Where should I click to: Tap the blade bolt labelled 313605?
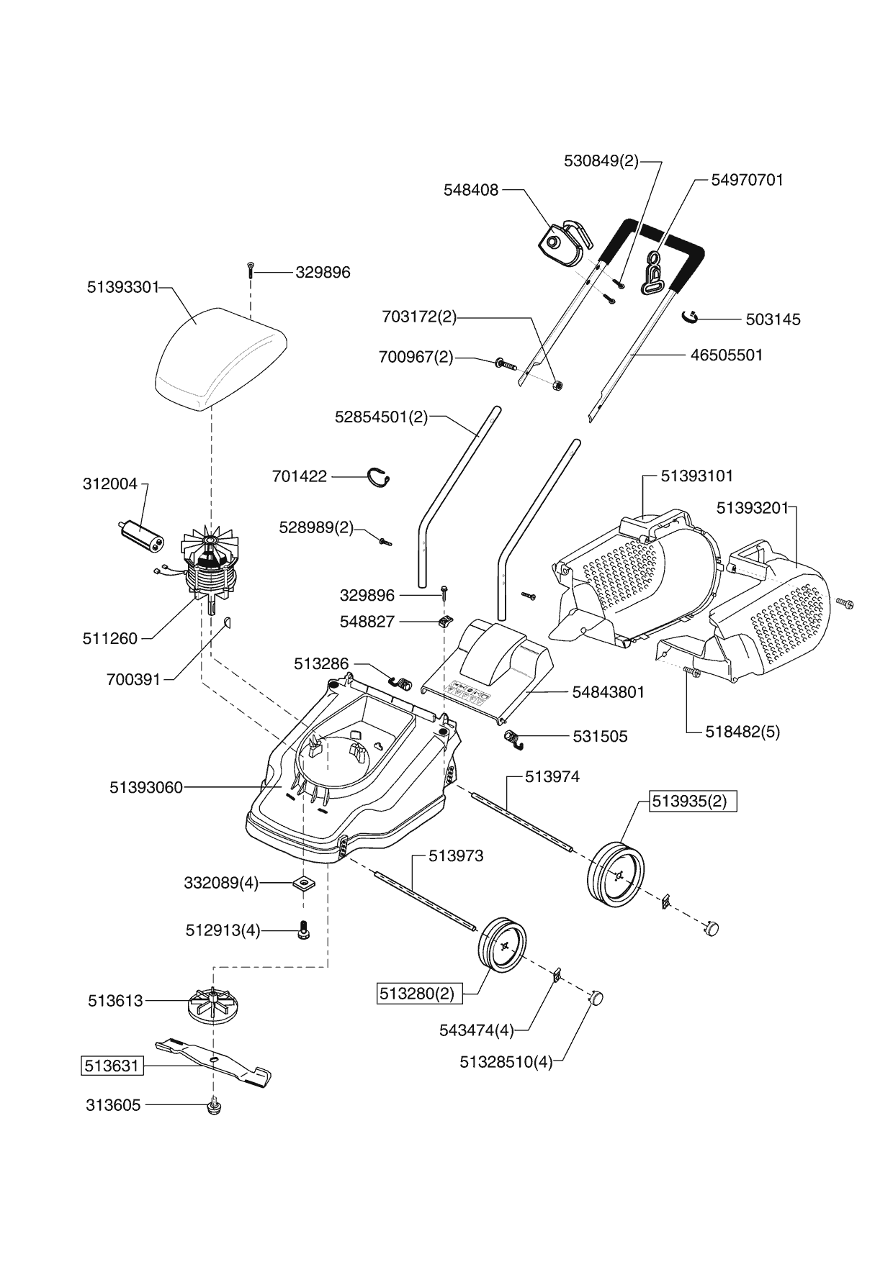pos(213,1106)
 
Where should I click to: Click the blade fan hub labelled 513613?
pos(214,1001)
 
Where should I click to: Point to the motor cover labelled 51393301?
pos(220,358)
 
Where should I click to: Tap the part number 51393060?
pos(146,788)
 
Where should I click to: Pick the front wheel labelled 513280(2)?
pos(502,946)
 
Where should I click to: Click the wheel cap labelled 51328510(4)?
pos(595,997)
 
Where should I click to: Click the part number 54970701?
pos(747,180)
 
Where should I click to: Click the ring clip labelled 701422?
pos(380,476)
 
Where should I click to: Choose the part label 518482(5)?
pos(743,732)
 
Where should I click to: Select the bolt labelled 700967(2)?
pos(507,363)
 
